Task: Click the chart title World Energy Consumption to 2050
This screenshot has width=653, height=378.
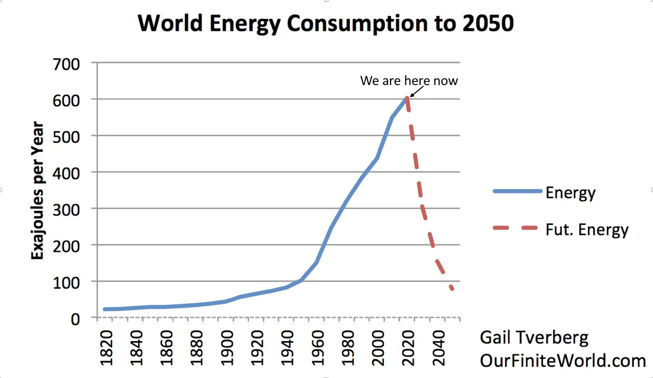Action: [x=326, y=24]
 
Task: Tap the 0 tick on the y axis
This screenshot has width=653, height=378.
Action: [x=83, y=318]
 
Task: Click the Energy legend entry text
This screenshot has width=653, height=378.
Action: [x=571, y=193]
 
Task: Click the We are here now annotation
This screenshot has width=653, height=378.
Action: [x=409, y=80]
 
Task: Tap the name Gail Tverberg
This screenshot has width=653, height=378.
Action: [x=534, y=338]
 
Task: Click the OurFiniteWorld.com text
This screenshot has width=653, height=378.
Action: [x=562, y=361]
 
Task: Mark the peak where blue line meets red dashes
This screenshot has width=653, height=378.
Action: [x=407, y=98]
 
